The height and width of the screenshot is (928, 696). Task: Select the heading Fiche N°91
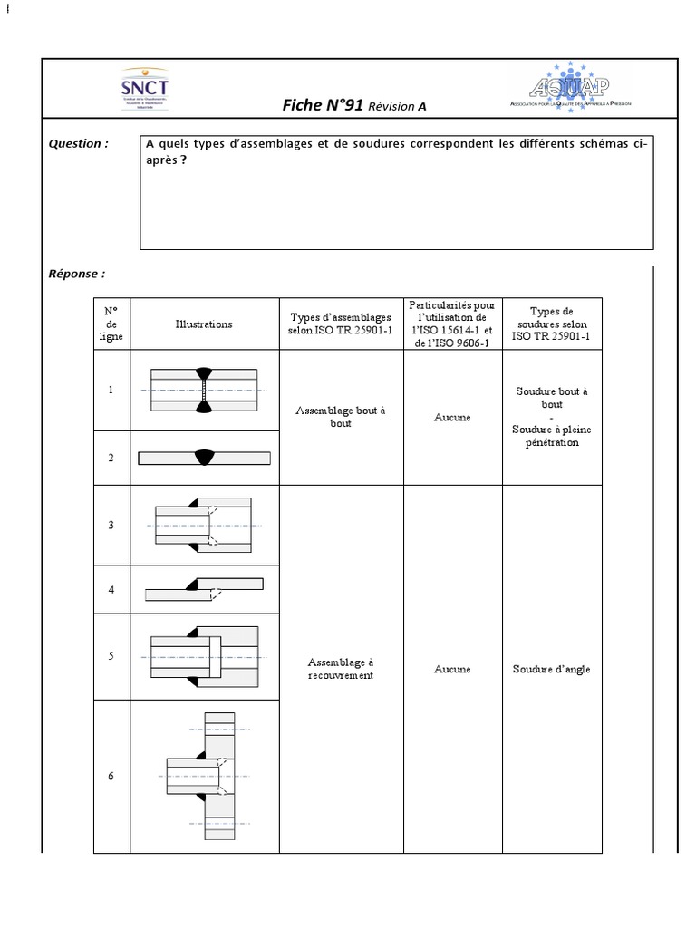point(324,106)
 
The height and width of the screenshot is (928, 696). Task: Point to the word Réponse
point(77,273)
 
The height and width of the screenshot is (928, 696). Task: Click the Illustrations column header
point(204,324)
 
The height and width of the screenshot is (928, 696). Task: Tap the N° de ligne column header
point(111,324)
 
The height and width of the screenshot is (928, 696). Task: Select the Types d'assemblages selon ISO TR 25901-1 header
point(341,324)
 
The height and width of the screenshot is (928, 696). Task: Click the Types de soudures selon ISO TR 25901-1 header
point(552,324)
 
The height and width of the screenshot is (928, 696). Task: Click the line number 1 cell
point(111,390)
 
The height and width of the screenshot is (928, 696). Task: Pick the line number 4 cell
point(111,590)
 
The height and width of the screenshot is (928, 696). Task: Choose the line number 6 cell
point(111,776)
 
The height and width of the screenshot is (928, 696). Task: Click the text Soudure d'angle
point(551,669)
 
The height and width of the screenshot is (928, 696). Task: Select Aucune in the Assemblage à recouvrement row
point(452,669)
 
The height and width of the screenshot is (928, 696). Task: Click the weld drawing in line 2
point(204,458)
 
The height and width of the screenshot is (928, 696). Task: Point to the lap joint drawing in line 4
point(204,589)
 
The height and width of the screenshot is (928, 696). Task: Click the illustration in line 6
point(205,777)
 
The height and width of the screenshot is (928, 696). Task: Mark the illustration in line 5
point(204,656)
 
